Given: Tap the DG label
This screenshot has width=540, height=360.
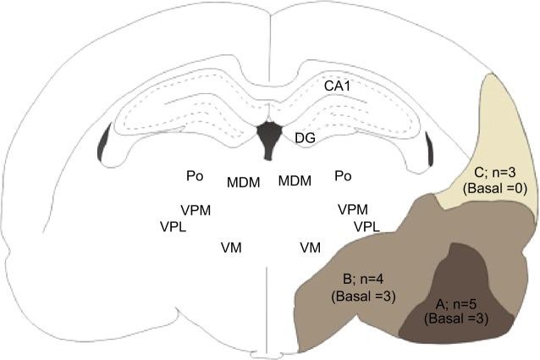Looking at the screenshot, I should click(306, 137).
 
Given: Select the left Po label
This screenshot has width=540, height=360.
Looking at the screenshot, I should click(195, 176).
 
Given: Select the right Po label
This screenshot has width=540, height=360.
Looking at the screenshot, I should click(343, 176).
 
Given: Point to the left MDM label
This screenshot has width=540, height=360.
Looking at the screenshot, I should click(244, 181).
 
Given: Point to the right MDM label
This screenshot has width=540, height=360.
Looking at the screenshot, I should click(295, 181).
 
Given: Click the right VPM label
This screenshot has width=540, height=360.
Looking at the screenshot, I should click(353, 209).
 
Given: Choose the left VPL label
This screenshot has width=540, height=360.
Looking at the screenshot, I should click(174, 226).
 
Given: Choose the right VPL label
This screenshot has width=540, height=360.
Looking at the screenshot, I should click(369, 226).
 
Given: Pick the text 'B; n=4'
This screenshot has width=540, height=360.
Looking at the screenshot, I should click(360, 279).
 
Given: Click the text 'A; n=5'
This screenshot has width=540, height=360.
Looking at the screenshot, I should click(457, 303).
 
